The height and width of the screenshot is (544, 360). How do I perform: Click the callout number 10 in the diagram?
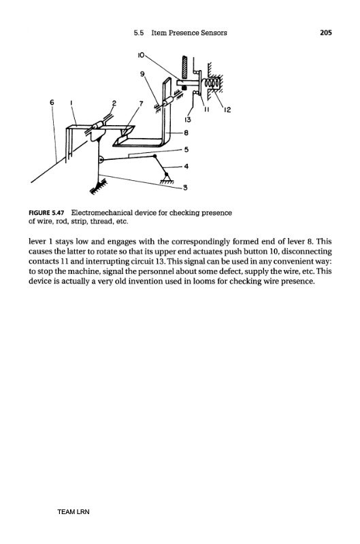pyautogui.click(x=142, y=54)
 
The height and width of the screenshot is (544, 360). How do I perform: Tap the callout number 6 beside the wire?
pyautogui.click(x=52, y=102)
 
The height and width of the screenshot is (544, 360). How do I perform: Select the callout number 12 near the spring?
pyautogui.click(x=227, y=110)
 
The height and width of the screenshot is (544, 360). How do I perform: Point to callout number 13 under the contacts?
pyautogui.click(x=187, y=120)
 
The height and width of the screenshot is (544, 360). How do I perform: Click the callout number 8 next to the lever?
pyautogui.click(x=186, y=133)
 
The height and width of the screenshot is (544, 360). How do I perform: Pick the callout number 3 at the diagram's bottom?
pyautogui.click(x=185, y=188)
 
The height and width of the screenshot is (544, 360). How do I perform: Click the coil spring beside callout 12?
pyautogui.click(x=212, y=84)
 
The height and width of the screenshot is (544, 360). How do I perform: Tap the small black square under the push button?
pyautogui.click(x=184, y=88)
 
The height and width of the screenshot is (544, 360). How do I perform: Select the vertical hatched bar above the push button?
pyautogui.click(x=185, y=67)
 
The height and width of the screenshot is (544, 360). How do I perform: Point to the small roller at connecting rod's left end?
pyautogui.click(x=101, y=160)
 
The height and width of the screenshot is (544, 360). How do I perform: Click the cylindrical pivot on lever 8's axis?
pyautogui.click(x=168, y=101)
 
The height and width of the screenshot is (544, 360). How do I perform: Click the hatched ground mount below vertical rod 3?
pyautogui.click(x=98, y=186)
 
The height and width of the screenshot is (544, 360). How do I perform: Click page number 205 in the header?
pyautogui.click(x=325, y=33)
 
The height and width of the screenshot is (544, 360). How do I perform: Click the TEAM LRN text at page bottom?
pyautogui.click(x=73, y=512)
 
